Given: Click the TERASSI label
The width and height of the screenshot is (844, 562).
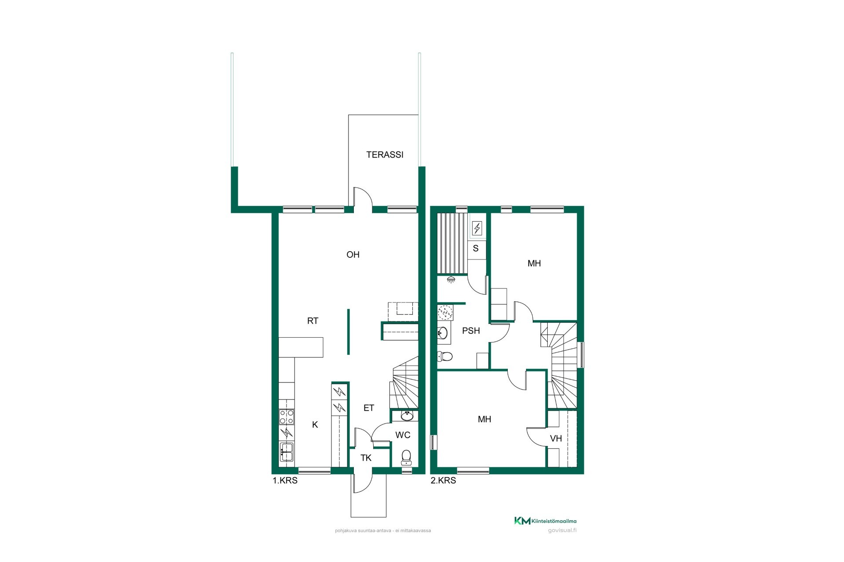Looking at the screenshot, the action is (385, 155).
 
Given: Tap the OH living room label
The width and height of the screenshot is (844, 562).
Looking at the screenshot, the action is (353, 255).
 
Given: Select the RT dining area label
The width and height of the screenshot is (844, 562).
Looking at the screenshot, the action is (313, 321).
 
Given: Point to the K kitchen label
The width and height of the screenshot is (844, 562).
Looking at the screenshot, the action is (315, 425).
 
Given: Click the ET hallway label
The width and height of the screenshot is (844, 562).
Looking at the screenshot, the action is (369, 408).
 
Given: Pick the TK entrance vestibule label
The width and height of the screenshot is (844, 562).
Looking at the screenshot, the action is (366, 458).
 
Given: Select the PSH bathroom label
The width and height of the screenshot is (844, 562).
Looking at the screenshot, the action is (471, 331).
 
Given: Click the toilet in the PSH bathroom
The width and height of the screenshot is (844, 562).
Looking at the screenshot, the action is (444, 356).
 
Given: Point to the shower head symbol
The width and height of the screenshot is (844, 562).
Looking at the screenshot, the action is (451, 279).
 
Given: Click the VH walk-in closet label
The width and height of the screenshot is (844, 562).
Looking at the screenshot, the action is (556, 438).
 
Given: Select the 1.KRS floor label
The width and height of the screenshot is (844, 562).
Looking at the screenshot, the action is (285, 480).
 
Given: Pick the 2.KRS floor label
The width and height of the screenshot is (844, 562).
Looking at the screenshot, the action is (443, 480).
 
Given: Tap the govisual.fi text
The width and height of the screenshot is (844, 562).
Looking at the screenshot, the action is (562, 530).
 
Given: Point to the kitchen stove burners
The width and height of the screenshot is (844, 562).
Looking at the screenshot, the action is (286, 416).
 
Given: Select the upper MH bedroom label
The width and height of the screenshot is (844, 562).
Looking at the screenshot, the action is (534, 263).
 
